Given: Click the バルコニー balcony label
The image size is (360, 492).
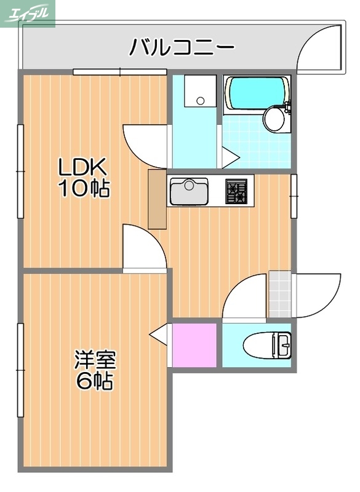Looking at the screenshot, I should pos(181,47).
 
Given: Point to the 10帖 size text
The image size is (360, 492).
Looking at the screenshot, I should pos(84,188).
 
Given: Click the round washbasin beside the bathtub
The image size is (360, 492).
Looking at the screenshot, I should pos(274,118).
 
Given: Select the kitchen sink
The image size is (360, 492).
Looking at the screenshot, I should pos(190,191).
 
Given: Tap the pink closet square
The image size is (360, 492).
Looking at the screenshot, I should pos(194,344).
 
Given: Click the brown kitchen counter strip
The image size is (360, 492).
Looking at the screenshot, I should pos(157,200).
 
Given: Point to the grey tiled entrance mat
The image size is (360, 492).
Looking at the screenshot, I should pos(279,293).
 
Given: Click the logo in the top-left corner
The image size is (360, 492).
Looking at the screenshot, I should pos(28,14).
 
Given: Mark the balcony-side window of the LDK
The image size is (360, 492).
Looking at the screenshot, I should pos(119,72).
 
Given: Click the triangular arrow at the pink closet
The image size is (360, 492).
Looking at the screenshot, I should pos(159,335).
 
